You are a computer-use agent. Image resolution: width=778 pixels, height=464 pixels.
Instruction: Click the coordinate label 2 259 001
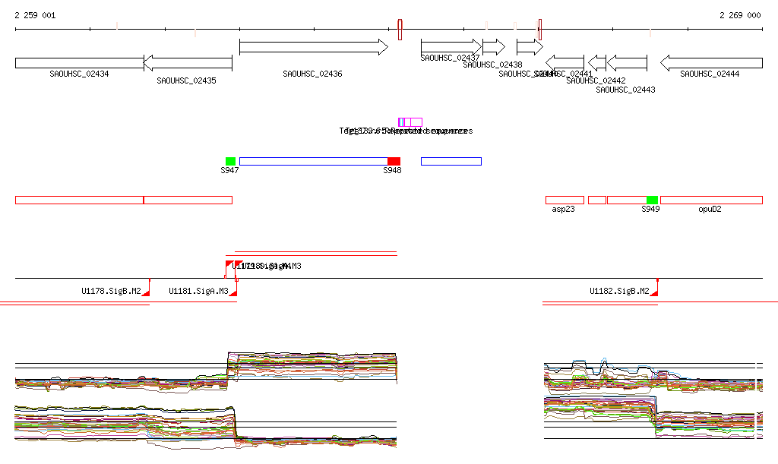[x=35, y=15]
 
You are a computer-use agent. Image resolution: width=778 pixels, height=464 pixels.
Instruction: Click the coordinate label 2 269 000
[x=739, y=15]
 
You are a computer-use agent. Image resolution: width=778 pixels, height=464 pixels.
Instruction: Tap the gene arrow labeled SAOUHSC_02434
[x=79, y=63]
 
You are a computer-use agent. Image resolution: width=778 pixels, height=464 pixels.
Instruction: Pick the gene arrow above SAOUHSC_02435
[x=188, y=63]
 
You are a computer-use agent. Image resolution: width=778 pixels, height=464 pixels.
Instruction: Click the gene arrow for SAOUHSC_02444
[x=710, y=63]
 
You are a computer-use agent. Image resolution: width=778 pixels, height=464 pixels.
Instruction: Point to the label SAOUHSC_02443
[x=625, y=90]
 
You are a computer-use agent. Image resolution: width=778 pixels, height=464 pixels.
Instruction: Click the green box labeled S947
[x=230, y=161]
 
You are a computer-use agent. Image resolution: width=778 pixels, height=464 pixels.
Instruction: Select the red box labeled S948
[x=394, y=161]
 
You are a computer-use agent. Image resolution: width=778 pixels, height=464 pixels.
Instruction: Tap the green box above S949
[x=652, y=200]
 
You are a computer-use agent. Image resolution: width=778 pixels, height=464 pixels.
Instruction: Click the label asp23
[x=563, y=209]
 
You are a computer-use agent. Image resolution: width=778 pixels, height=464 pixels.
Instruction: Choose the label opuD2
[x=710, y=209]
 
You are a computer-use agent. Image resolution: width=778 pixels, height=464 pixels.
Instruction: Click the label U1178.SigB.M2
[x=111, y=291]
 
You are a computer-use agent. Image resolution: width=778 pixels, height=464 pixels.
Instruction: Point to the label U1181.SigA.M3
[x=198, y=291]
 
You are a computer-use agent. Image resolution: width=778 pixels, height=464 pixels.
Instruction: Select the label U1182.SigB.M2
[x=619, y=291]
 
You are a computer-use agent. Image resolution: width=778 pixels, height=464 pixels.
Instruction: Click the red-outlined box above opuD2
[x=711, y=200]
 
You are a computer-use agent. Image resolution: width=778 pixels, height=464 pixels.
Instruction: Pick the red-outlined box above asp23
[x=565, y=200]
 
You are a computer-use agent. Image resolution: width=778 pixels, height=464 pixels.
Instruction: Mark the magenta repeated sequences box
[x=410, y=122]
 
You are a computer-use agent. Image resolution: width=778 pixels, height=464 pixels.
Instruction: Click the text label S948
[x=392, y=171]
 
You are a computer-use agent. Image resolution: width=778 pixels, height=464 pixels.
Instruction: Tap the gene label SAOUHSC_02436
[x=312, y=74]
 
